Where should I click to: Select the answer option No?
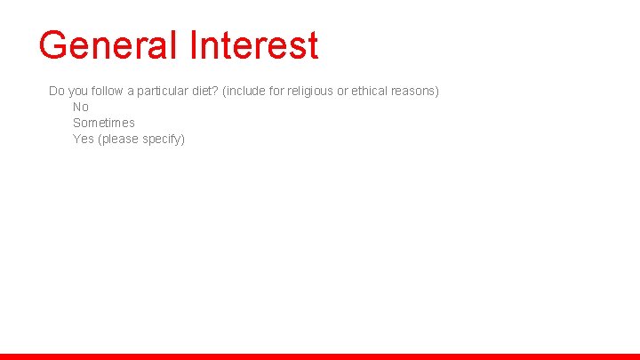[81, 107]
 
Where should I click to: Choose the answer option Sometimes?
[104, 123]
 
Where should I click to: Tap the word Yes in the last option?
[84, 139]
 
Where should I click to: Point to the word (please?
[116, 139]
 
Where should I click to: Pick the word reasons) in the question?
[417, 91]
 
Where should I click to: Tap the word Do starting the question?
[57, 91]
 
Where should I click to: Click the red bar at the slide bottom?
[320, 356]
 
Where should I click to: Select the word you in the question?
[78, 91]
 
